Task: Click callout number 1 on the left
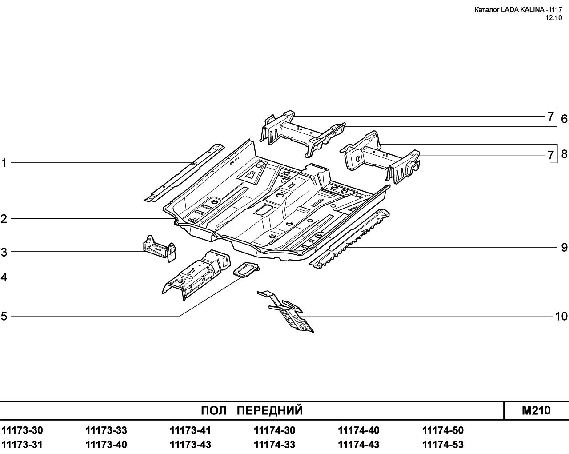(x=4, y=163)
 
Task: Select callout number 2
(x=4, y=219)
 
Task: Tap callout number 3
(x=4, y=252)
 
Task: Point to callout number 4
(x=4, y=277)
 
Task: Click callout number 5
(x=4, y=316)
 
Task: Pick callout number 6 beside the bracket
(x=564, y=119)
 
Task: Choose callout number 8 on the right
(x=564, y=154)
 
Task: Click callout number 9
(x=564, y=248)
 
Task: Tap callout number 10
(x=561, y=317)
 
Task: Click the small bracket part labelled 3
(x=160, y=248)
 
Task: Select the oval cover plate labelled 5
(x=246, y=270)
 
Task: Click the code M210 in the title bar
(x=536, y=410)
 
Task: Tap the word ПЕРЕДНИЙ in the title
(x=270, y=410)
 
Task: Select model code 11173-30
(x=22, y=430)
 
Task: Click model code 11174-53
(x=443, y=445)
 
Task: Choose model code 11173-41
(x=190, y=430)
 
